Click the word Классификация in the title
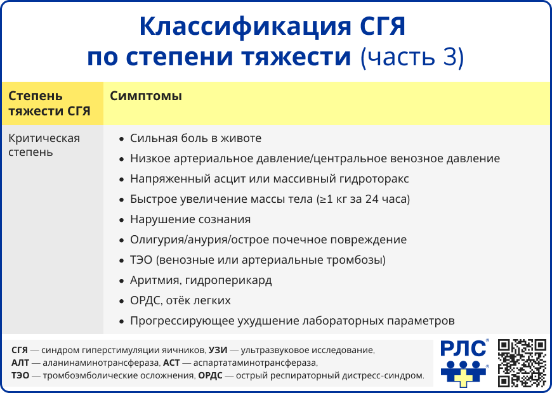(246, 27)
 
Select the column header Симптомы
(146, 96)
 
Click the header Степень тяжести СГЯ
(49, 103)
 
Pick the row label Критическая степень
(44, 145)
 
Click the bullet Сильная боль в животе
(195, 138)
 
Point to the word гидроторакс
(374, 179)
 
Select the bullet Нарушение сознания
(190, 219)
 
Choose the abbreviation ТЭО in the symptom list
(141, 260)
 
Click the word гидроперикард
(228, 281)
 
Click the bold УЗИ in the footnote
(218, 350)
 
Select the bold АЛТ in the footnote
(20, 363)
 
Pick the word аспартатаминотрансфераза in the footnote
(255, 363)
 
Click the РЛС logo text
(463, 349)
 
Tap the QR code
(522, 363)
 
